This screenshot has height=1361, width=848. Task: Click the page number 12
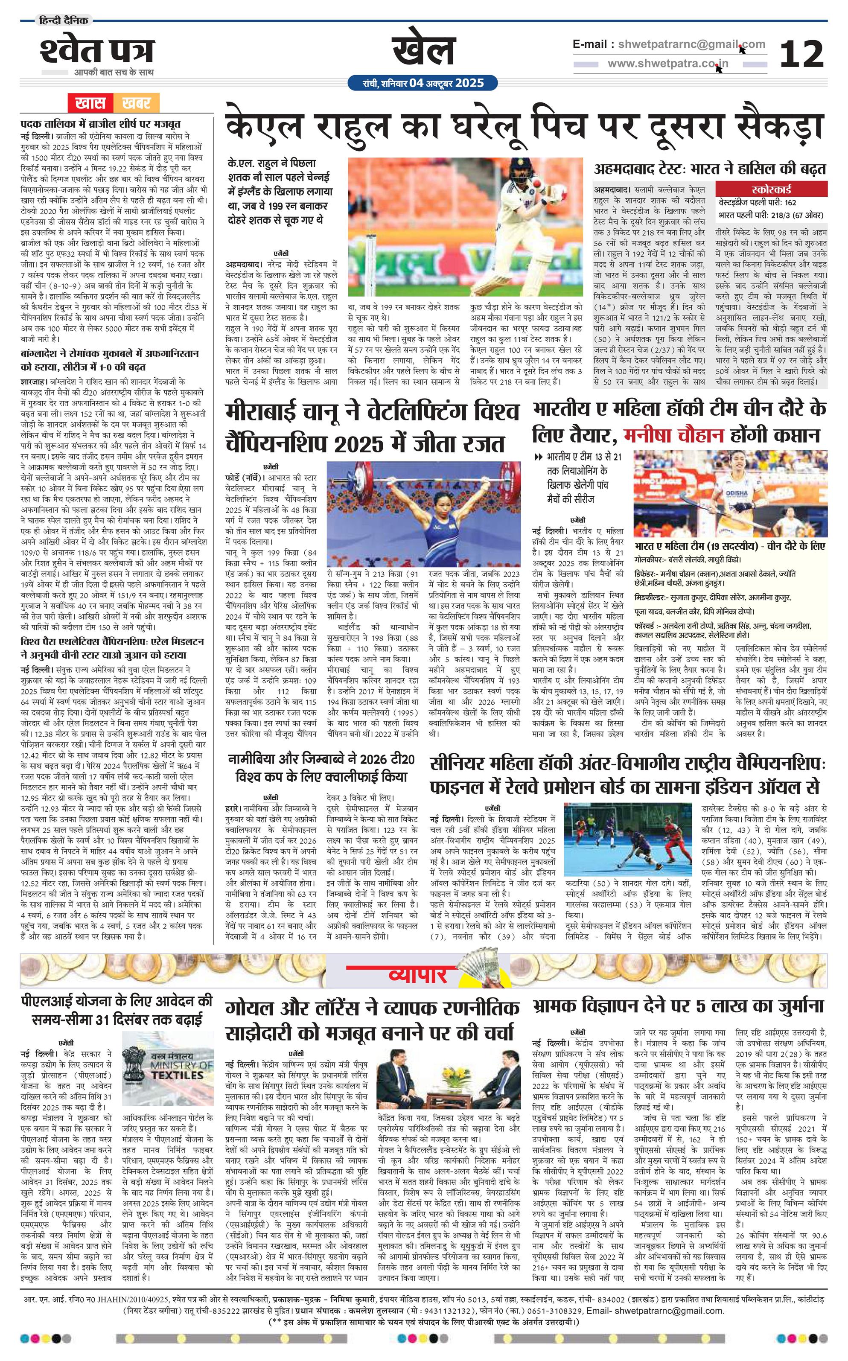(x=801, y=54)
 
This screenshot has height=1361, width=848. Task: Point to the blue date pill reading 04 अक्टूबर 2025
(x=423, y=83)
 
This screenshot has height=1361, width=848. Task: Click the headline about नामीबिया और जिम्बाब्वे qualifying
(x=321, y=768)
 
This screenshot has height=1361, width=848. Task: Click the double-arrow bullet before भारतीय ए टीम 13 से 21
(x=539, y=457)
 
